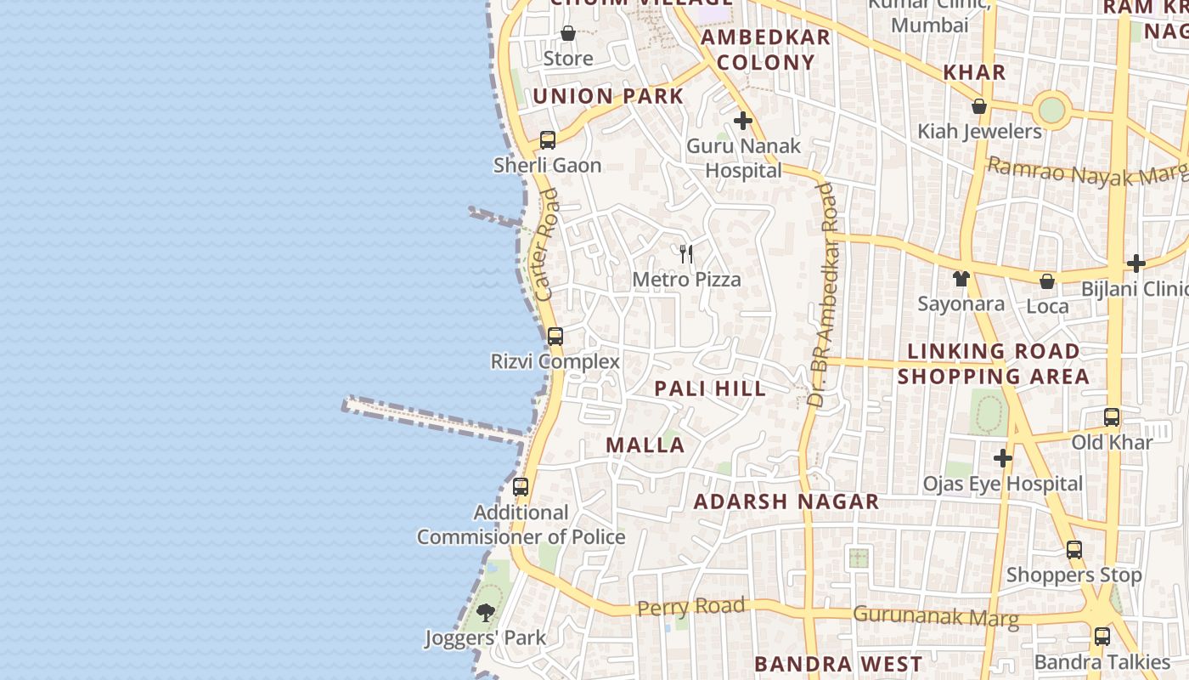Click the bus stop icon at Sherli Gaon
point(548,140)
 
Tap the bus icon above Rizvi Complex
point(555,337)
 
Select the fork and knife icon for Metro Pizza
point(686,253)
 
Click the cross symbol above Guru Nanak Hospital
point(743,121)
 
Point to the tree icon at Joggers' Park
point(486,612)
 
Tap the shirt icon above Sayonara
point(961,278)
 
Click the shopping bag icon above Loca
point(1047,280)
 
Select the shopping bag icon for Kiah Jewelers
point(979,106)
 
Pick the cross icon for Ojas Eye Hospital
point(1003,458)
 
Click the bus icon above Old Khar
point(1112,417)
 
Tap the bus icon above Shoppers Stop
point(1074,550)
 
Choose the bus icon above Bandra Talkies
point(1102,636)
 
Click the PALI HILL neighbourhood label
point(710,388)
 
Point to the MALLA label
point(645,445)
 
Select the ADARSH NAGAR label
point(786,501)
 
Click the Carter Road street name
point(547,245)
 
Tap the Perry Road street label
point(690,607)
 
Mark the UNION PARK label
point(608,96)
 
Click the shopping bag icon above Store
point(568,33)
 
